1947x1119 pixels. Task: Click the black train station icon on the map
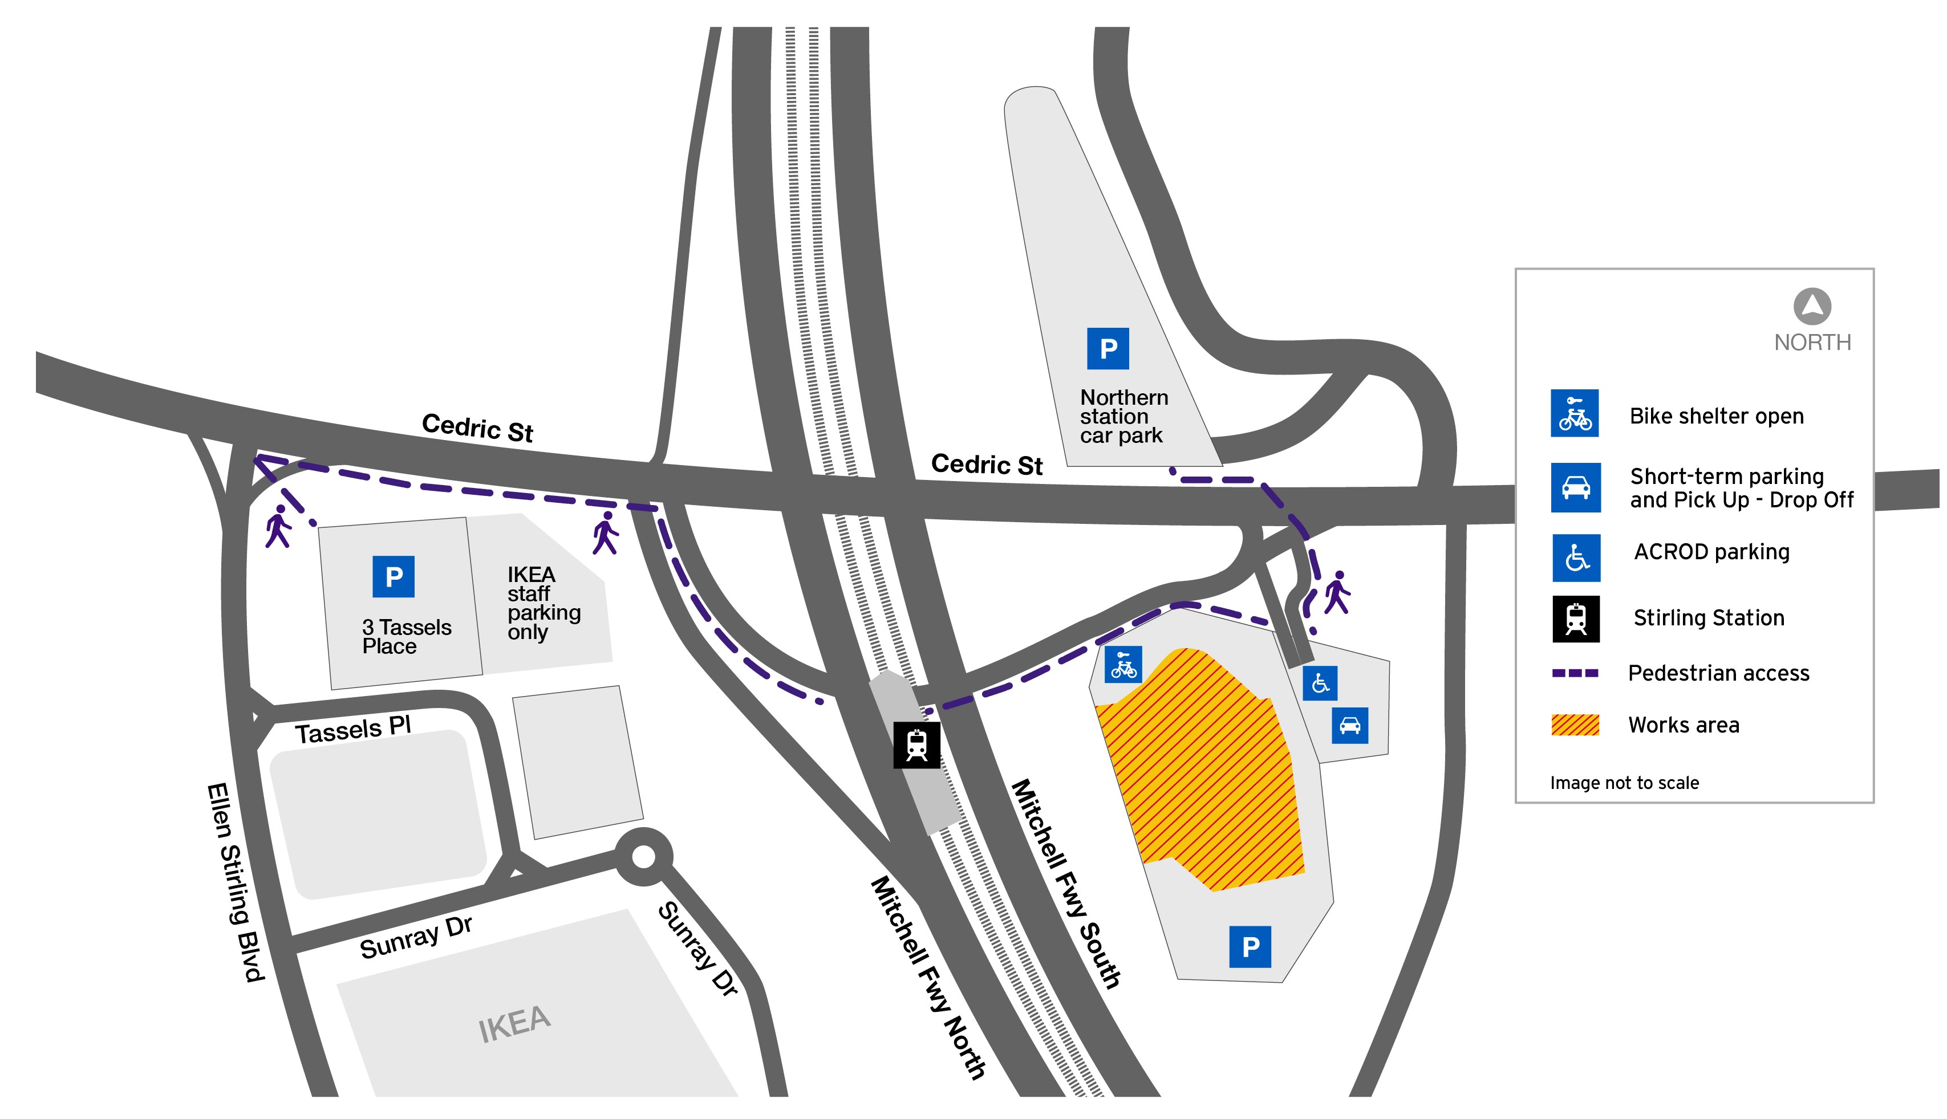(x=916, y=744)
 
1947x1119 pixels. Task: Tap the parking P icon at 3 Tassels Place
(x=394, y=576)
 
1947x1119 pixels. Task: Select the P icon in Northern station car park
(x=1108, y=349)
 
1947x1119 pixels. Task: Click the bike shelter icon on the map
(x=1123, y=665)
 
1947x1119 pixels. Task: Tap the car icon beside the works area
(x=1350, y=725)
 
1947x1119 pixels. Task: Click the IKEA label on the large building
(x=514, y=1024)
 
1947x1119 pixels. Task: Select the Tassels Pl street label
(x=354, y=729)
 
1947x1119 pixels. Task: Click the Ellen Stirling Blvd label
(x=235, y=882)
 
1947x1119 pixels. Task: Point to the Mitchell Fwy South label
(x=1065, y=884)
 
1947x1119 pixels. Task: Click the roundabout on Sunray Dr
(x=644, y=856)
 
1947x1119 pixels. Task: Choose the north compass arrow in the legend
(x=1812, y=307)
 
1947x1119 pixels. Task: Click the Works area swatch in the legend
(x=1575, y=725)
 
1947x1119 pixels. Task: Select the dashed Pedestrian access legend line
(x=1575, y=673)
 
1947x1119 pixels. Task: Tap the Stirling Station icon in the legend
(x=1576, y=618)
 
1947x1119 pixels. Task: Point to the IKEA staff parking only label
(x=543, y=603)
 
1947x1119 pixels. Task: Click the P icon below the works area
(x=1250, y=947)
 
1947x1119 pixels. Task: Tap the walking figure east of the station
(x=1337, y=592)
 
